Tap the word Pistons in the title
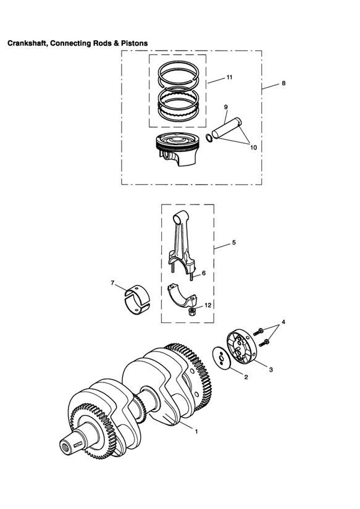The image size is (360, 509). [135, 43]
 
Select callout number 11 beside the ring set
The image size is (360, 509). [229, 77]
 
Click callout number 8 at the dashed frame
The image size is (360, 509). [283, 83]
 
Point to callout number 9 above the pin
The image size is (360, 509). [225, 107]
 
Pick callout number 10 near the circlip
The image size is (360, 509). [254, 148]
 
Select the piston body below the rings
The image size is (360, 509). [177, 149]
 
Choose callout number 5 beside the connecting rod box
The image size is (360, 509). [234, 243]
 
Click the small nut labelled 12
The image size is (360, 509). [192, 313]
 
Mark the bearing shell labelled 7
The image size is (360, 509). [137, 300]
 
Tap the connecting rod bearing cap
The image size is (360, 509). [182, 295]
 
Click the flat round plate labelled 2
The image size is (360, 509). [222, 358]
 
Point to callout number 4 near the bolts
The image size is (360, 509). [283, 322]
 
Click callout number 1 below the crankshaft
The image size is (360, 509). [196, 431]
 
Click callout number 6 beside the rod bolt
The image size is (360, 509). [204, 273]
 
